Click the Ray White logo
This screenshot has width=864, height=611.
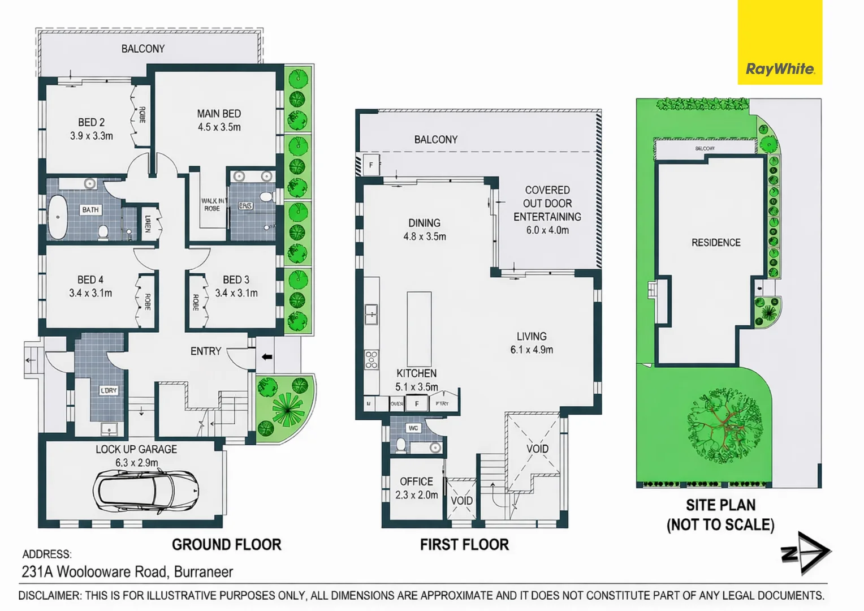(780, 69)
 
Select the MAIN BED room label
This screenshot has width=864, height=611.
(219, 114)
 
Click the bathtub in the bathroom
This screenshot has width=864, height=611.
(57, 217)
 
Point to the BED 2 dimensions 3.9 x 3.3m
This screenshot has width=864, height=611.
(92, 136)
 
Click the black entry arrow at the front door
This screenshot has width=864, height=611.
(267, 356)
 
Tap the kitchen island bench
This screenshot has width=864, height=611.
(419, 328)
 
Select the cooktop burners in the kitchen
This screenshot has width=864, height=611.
(371, 360)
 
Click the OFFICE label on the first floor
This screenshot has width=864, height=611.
(416, 481)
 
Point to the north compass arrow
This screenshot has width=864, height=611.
(806, 552)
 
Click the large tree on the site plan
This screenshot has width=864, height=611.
(724, 424)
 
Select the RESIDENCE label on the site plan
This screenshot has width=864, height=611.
(716, 243)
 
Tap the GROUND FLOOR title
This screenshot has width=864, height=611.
(226, 545)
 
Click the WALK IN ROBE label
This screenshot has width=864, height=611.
(213, 205)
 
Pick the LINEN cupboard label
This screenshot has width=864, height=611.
(148, 223)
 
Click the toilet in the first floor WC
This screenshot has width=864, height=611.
(400, 445)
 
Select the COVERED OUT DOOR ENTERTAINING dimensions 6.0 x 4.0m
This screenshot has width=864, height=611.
(547, 230)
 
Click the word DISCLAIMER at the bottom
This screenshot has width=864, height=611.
(50, 596)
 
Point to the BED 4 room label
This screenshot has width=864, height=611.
(90, 279)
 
